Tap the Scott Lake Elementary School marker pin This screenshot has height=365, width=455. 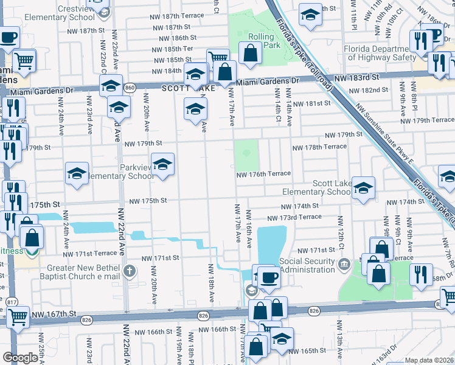point(363,189)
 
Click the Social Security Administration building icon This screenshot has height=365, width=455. point(344,264)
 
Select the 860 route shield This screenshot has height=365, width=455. point(129,88)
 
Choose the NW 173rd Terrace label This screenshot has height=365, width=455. point(294,217)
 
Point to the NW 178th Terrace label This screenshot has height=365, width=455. point(319,148)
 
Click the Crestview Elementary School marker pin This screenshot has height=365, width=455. point(103,12)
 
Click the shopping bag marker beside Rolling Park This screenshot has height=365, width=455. point(250,54)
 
